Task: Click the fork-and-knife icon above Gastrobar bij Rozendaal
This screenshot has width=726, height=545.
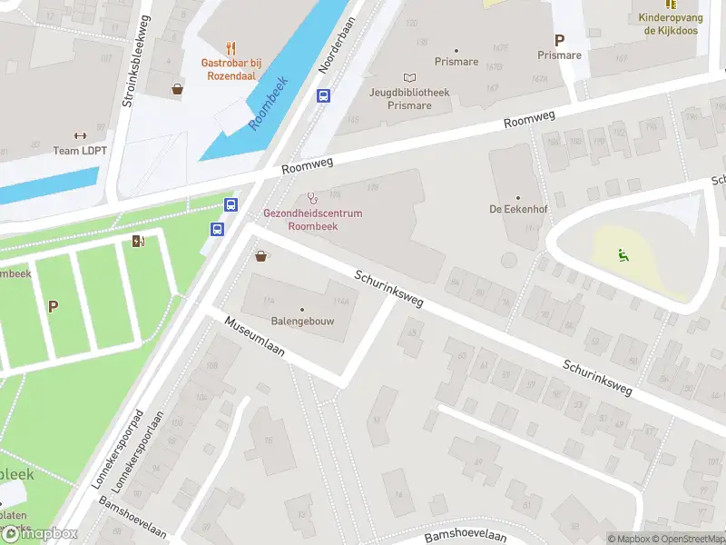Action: (x=231, y=48)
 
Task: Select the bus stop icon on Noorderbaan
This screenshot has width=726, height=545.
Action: (x=322, y=95)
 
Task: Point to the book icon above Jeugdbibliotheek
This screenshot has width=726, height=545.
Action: (x=409, y=78)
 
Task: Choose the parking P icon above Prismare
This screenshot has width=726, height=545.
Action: (x=559, y=40)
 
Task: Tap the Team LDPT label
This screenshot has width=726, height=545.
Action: (x=80, y=151)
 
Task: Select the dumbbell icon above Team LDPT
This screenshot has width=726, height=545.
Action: (x=80, y=135)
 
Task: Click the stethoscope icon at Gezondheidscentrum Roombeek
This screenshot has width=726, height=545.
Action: (x=313, y=198)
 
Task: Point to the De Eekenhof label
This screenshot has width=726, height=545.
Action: (x=518, y=209)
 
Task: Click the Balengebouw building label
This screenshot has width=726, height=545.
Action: (x=302, y=322)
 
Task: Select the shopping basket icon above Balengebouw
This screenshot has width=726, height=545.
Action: (x=262, y=256)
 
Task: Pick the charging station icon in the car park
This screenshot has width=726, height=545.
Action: (x=138, y=241)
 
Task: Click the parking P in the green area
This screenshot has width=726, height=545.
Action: (x=53, y=307)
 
